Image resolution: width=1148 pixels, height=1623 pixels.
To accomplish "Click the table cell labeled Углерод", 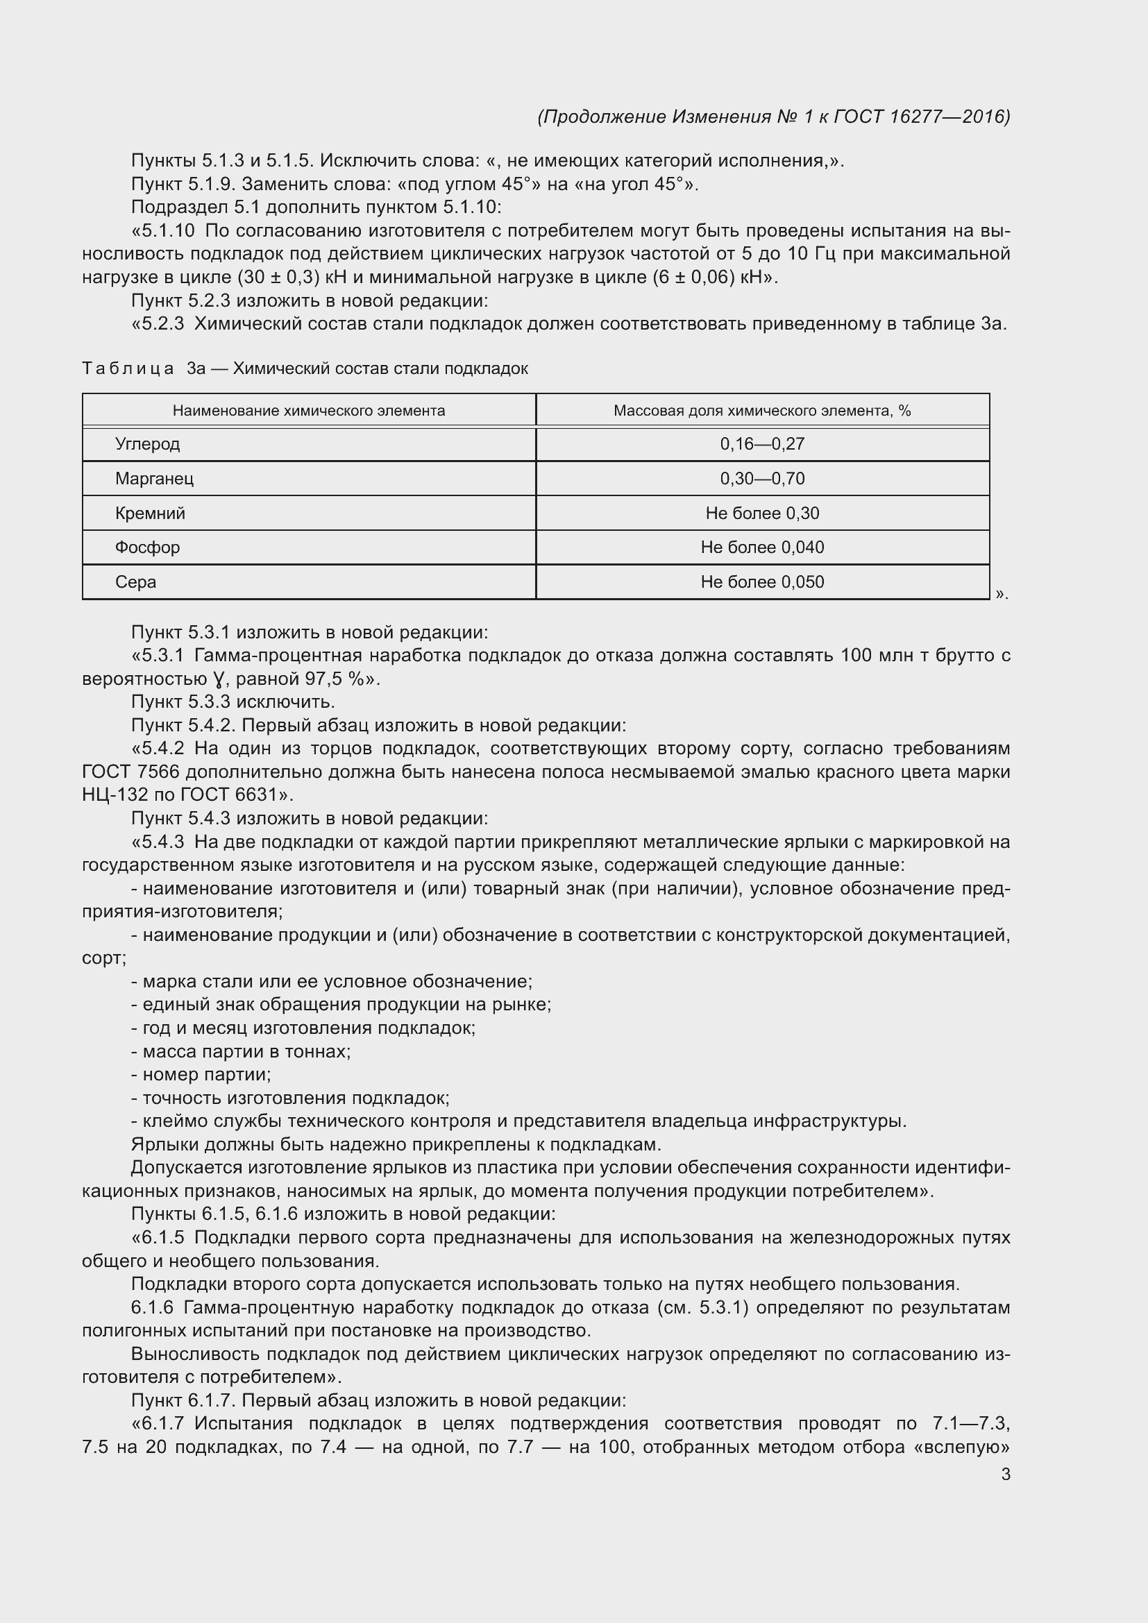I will tap(148, 444).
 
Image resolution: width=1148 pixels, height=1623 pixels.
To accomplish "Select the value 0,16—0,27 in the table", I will tap(762, 444).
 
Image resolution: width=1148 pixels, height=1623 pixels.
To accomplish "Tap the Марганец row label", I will tap(154, 479).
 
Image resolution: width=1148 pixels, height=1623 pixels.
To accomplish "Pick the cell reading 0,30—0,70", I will tap(762, 479).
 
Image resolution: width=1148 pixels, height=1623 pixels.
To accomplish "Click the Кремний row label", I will tap(150, 513).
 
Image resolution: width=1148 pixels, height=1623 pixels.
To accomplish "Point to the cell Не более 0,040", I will tap(762, 547).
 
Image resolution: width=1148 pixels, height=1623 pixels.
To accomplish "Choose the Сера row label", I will tap(136, 581).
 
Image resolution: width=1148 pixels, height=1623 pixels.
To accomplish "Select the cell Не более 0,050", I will tap(762, 581).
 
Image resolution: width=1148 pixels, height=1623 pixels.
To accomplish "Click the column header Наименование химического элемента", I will tap(309, 411).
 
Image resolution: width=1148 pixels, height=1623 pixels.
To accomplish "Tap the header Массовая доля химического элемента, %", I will tap(762, 411).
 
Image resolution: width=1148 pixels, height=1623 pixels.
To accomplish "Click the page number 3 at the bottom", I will tap(1005, 1474).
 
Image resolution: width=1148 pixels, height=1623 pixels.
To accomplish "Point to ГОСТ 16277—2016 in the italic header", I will tap(922, 117).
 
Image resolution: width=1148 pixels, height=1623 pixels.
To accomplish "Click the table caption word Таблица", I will tap(128, 368).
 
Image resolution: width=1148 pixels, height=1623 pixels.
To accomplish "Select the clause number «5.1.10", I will tap(163, 231).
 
